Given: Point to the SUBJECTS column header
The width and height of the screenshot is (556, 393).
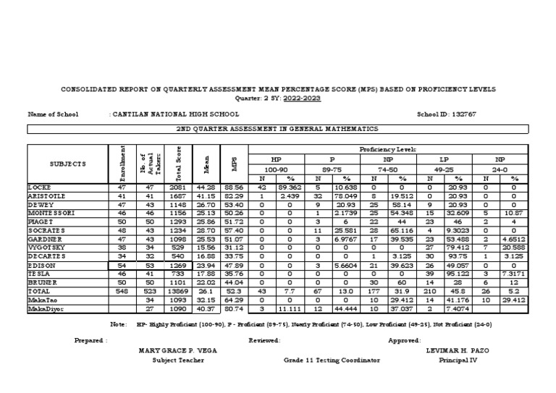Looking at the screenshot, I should point(67,164).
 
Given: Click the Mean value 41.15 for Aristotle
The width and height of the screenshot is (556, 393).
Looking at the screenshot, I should point(206,196).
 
